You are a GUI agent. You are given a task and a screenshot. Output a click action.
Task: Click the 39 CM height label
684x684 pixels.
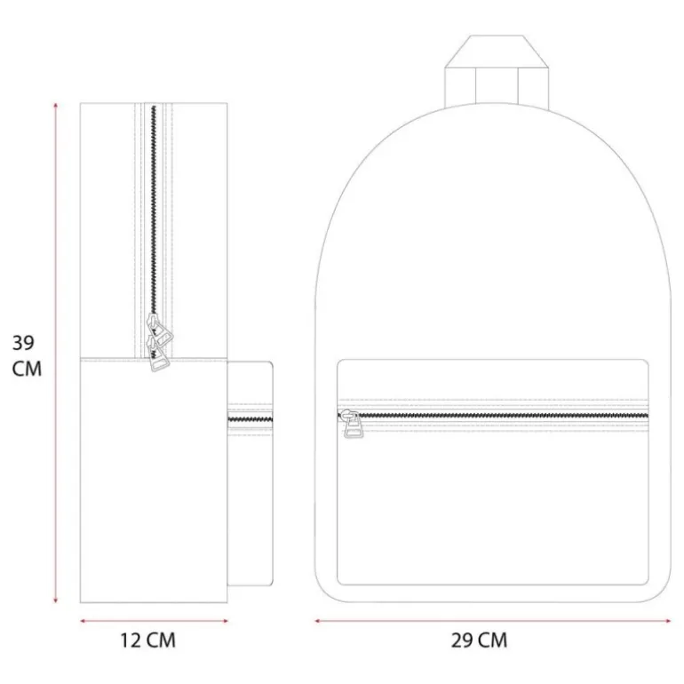click(x=27, y=355)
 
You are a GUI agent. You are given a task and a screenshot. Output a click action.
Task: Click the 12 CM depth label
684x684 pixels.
click(x=147, y=640)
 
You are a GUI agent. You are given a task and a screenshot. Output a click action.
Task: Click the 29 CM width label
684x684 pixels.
click(x=479, y=640)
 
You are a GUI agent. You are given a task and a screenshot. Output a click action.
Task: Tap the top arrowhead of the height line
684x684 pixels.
click(x=55, y=105)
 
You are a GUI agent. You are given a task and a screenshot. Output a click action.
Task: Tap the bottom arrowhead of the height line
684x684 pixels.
click(x=55, y=600)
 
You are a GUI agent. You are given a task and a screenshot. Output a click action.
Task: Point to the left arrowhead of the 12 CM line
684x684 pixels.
click(x=83, y=621)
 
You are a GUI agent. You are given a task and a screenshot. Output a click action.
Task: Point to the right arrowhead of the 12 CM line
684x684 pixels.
click(x=225, y=621)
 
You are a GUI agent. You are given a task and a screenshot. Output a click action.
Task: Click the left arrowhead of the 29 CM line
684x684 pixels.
click(x=318, y=621)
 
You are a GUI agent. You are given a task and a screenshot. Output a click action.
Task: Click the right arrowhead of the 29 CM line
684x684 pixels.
click(x=668, y=621)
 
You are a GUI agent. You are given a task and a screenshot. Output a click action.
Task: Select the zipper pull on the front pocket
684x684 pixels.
click(x=352, y=424)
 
